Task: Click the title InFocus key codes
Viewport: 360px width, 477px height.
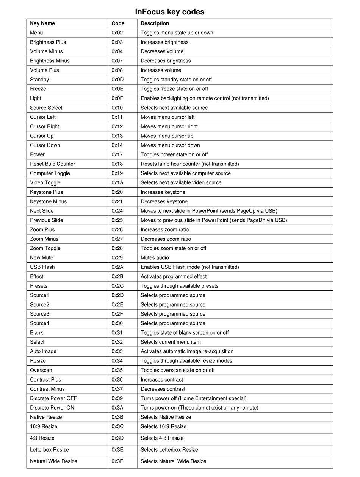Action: (x=170, y=12)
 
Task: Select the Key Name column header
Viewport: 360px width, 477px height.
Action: (x=42, y=23)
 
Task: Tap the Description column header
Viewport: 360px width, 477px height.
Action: (x=155, y=23)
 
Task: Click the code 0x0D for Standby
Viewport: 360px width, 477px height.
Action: (x=117, y=79)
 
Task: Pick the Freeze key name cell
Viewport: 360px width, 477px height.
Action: (x=38, y=89)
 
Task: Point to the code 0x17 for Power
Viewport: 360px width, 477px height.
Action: (x=117, y=154)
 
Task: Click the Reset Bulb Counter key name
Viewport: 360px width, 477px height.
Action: (x=53, y=164)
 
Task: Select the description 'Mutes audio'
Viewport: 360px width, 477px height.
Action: (x=155, y=258)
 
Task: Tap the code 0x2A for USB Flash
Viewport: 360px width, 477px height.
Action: (x=117, y=267)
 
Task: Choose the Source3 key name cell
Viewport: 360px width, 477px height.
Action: (x=40, y=314)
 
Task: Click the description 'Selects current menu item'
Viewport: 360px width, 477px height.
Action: (x=171, y=342)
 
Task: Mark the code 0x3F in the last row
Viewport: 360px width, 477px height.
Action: (x=117, y=461)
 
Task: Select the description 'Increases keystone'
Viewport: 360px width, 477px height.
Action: (x=163, y=192)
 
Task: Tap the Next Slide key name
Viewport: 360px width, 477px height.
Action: (x=42, y=211)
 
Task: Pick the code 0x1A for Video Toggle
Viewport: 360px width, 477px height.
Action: (x=117, y=183)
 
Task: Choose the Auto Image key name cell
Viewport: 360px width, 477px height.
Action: (x=43, y=351)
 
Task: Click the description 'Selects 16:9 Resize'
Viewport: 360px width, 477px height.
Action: (x=164, y=426)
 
